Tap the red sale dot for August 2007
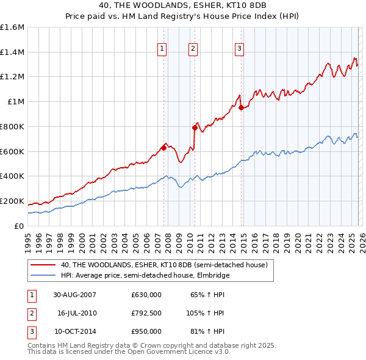click(x=163, y=147)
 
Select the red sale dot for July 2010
click(x=195, y=128)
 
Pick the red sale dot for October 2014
click(x=241, y=108)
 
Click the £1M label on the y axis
click(x=16, y=102)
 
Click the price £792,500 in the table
click(x=146, y=313)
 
